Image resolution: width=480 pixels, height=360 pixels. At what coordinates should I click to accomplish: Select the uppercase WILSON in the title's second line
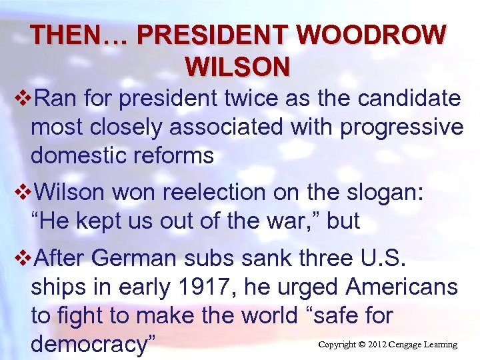coord(238,66)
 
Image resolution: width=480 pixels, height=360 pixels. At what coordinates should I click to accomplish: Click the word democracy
coord(93,344)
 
